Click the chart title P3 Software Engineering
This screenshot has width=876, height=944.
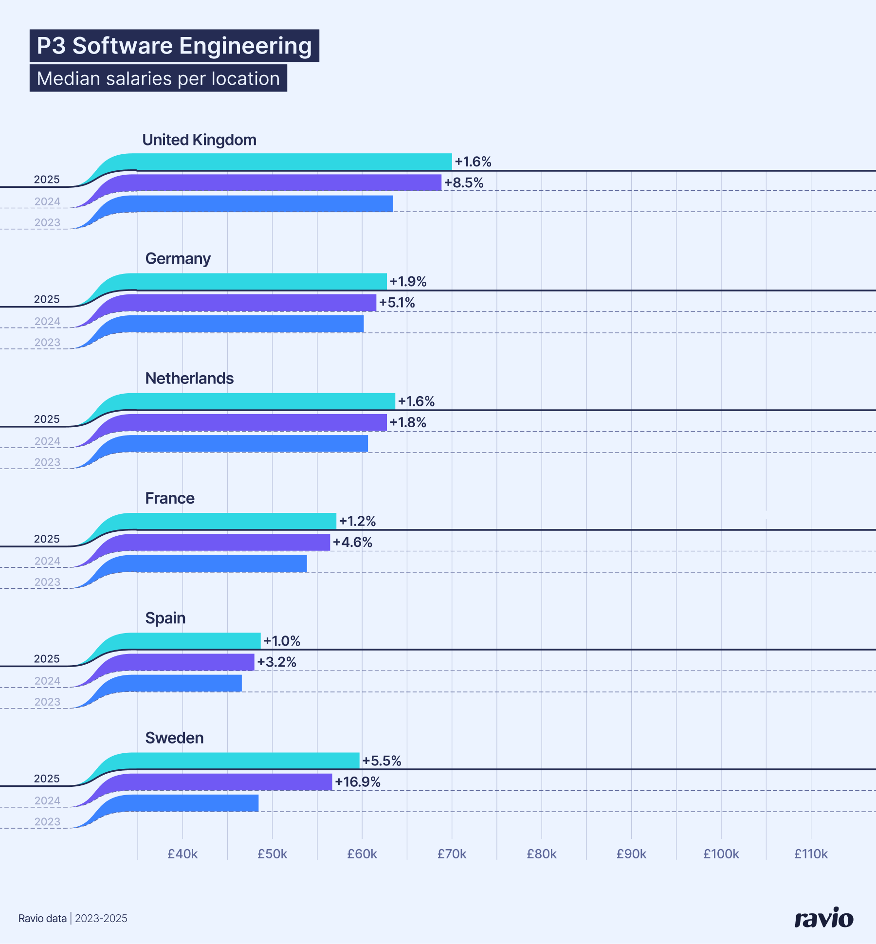tap(174, 46)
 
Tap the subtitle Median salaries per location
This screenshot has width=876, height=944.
tap(158, 78)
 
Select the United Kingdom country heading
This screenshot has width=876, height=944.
tap(199, 140)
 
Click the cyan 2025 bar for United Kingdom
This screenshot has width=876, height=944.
tap(292, 162)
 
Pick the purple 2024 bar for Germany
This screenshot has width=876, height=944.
tap(253, 303)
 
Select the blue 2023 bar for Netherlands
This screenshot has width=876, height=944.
tap(248, 443)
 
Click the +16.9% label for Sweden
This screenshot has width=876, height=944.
tap(358, 782)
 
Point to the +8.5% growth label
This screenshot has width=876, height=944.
tap(464, 183)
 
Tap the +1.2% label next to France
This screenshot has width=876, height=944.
tap(357, 521)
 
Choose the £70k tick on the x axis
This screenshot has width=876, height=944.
tap(452, 854)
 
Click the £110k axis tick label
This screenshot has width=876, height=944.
tap(811, 854)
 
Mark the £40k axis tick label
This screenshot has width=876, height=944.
tap(182, 854)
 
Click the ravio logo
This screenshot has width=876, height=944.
tap(823, 918)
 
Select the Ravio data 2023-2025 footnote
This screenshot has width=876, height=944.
tap(73, 918)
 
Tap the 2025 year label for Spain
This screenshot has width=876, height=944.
tap(47, 659)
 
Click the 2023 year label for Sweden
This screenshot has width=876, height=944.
tap(47, 822)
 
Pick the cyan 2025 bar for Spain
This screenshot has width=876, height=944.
tap(195, 641)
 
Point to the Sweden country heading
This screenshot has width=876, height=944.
tap(174, 738)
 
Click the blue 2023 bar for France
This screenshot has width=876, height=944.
tap(219, 563)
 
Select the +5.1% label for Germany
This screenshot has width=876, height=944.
tap(397, 303)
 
